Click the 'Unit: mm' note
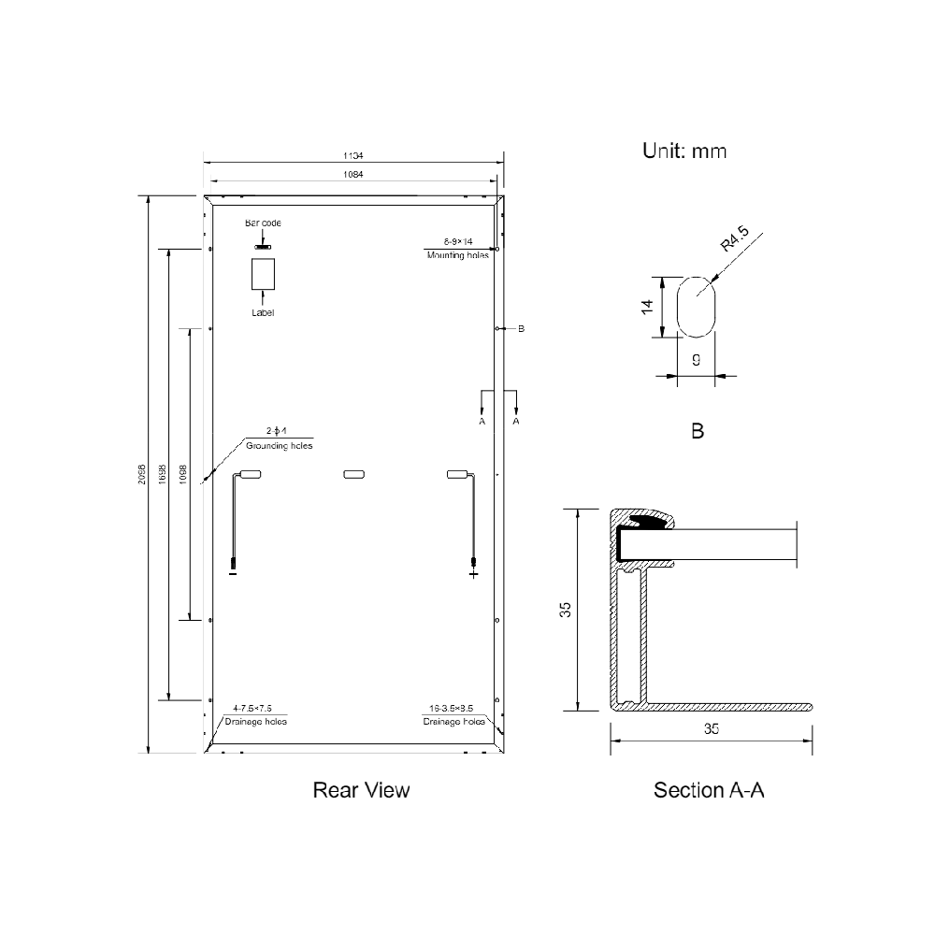[x=683, y=151]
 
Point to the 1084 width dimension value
[x=353, y=175]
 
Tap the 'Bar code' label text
[x=263, y=223]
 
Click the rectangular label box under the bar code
[x=263, y=274]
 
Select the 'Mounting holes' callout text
[x=457, y=254]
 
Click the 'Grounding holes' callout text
[x=276, y=446]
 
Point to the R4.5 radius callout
[x=739, y=245]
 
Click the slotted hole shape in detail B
[x=695, y=306]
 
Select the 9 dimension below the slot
[x=696, y=359]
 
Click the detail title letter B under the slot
[x=697, y=432]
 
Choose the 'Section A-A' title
[x=709, y=791]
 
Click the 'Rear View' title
[x=361, y=791]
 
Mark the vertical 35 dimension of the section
[x=565, y=609]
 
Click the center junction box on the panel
[x=354, y=475]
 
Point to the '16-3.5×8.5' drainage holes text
[x=454, y=710]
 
